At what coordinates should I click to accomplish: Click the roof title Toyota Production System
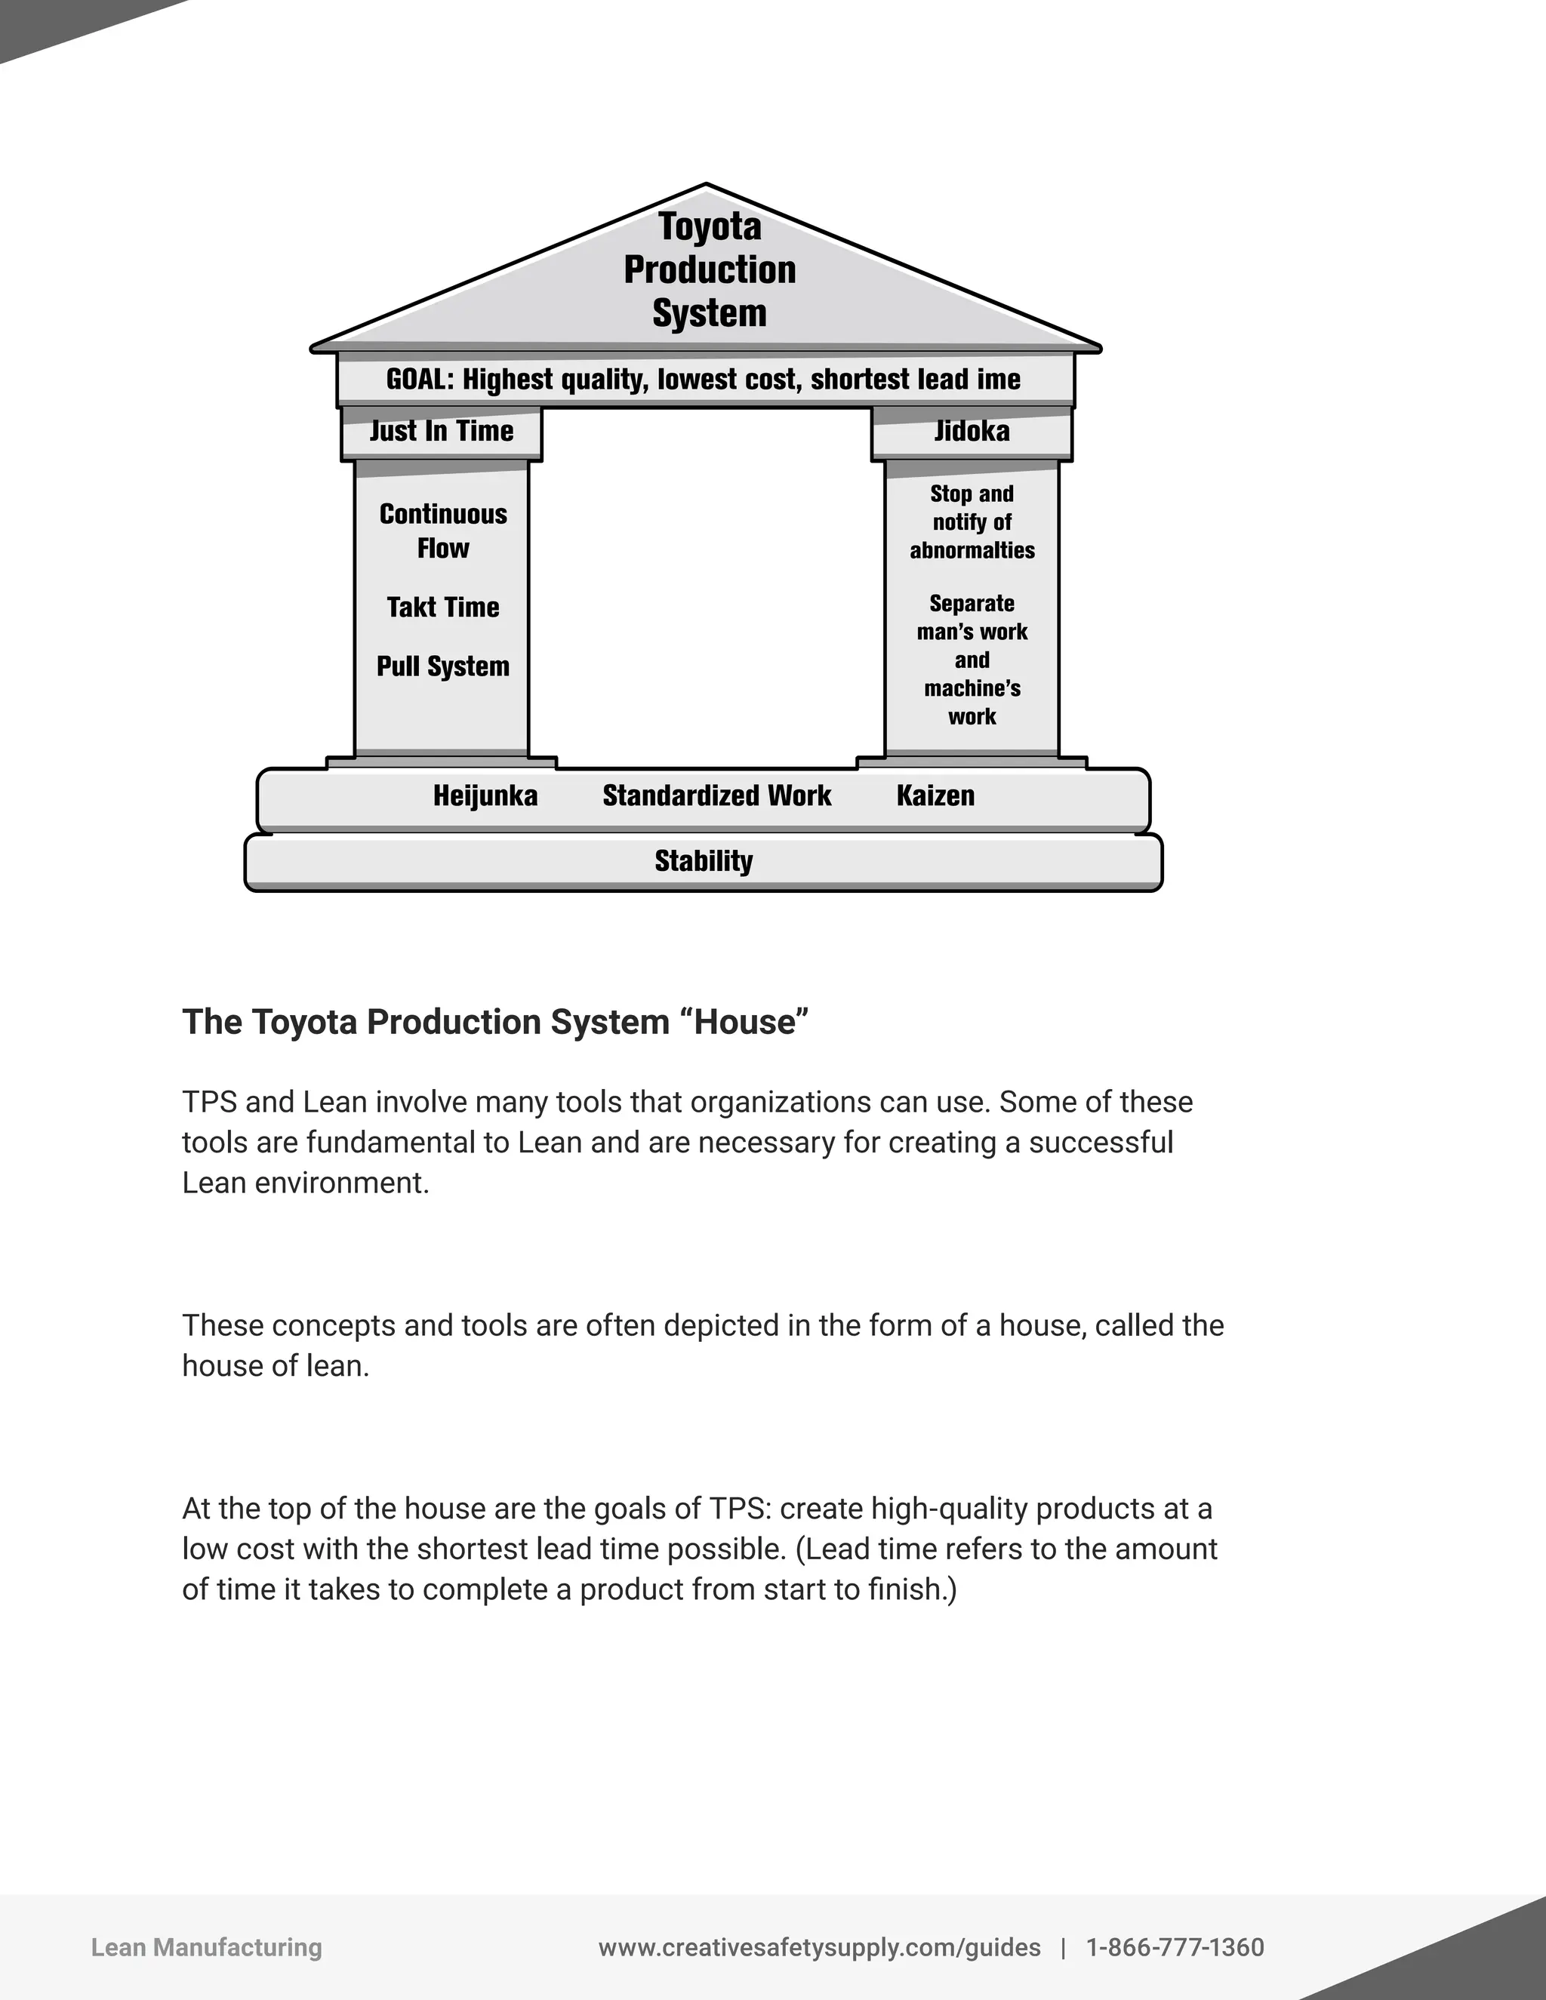710,269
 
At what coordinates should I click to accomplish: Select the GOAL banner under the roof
703,379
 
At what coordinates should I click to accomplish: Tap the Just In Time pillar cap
442,431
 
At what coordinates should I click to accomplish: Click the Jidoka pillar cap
972,431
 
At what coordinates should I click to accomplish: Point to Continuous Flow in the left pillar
443,531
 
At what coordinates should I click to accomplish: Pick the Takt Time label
443,607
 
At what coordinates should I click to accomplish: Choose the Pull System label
443,666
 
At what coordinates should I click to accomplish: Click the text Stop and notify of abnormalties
972,522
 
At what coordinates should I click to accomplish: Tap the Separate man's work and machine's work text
972,660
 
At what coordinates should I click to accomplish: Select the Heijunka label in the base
485,795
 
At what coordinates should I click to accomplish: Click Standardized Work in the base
717,795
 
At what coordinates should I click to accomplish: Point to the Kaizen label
935,795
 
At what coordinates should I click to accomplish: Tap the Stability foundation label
704,861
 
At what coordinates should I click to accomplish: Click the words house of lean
275,1366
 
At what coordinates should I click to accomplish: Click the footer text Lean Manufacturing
206,1948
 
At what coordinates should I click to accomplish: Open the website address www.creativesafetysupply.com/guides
820,1948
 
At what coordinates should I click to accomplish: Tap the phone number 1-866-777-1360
1175,1948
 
